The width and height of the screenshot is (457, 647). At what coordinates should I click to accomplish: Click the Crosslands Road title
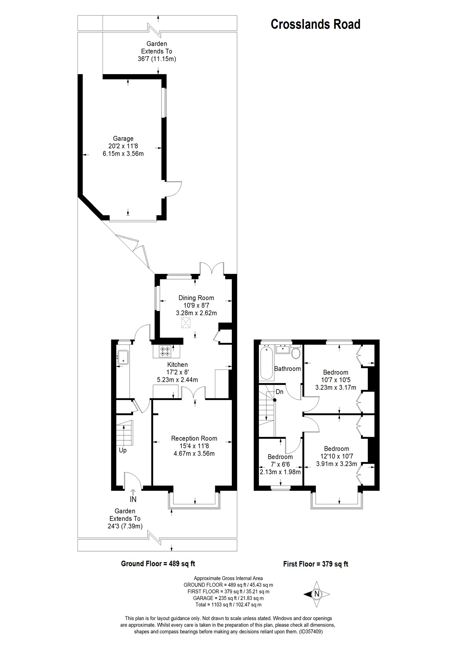click(315, 24)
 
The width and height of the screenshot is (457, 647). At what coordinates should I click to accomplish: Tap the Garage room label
click(123, 139)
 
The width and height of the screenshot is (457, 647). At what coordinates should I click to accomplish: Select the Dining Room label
click(196, 298)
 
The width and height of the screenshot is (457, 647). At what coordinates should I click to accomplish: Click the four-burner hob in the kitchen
click(166, 351)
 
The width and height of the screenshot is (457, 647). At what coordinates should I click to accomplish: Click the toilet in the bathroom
click(296, 353)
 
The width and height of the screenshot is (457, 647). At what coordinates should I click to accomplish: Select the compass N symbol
click(317, 594)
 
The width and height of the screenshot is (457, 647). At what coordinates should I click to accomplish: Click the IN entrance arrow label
click(133, 499)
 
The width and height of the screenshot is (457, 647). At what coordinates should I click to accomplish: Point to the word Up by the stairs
click(123, 450)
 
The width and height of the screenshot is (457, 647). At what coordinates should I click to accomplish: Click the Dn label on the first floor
click(280, 392)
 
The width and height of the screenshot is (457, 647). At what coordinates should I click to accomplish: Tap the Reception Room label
click(194, 438)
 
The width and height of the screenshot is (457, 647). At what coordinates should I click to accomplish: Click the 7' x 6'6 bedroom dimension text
click(280, 464)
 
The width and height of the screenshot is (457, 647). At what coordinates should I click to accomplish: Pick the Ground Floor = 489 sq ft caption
click(158, 564)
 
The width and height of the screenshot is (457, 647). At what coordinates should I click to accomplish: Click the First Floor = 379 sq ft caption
click(315, 564)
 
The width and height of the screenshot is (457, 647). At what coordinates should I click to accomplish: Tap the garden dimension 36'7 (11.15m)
click(156, 59)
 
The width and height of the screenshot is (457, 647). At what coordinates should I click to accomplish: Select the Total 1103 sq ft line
click(228, 605)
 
